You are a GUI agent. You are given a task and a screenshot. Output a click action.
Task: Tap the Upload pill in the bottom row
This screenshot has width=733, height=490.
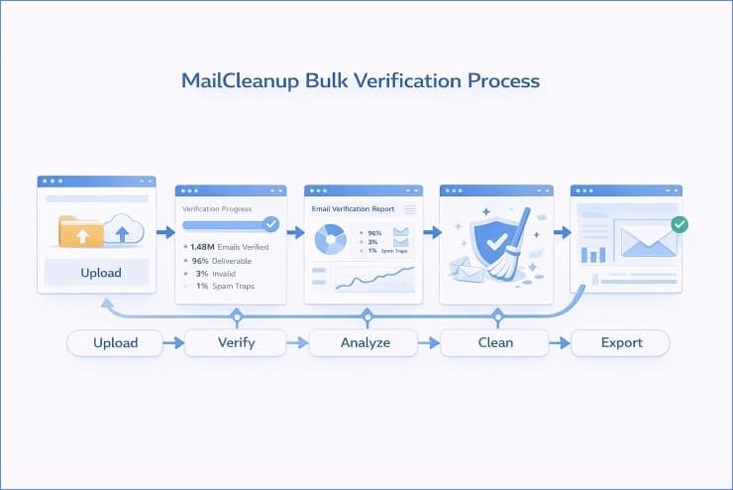pyautogui.click(x=115, y=343)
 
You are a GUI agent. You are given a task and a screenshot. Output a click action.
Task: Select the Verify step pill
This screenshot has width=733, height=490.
pyautogui.click(x=236, y=343)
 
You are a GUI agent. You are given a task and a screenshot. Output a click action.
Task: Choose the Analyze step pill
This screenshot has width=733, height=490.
pyautogui.click(x=366, y=343)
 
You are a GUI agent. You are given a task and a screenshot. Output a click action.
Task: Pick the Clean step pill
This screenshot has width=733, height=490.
pyautogui.click(x=495, y=343)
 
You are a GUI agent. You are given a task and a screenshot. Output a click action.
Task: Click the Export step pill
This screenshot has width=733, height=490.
pyautogui.click(x=621, y=343)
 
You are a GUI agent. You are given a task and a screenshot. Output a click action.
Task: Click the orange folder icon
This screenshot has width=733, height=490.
pyautogui.click(x=80, y=233)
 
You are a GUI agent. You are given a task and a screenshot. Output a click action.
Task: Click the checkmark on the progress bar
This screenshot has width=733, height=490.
pyautogui.click(x=270, y=225)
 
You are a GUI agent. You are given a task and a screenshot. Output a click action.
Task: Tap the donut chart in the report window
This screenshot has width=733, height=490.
pyautogui.click(x=329, y=239)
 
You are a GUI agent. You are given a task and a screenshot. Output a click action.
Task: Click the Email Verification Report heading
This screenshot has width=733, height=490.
pyautogui.click(x=354, y=209)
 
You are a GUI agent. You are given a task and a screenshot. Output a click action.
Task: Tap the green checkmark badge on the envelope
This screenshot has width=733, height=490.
pyautogui.click(x=679, y=225)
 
